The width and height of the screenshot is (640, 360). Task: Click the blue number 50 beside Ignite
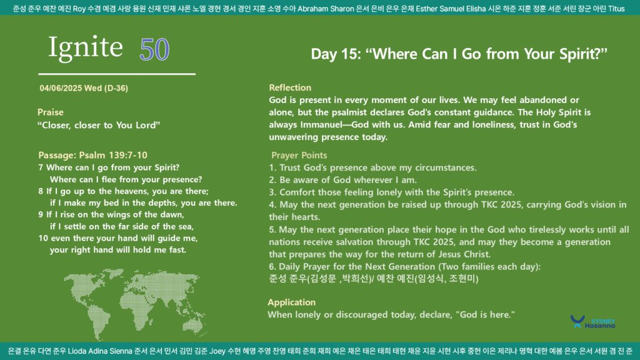tap(154, 49)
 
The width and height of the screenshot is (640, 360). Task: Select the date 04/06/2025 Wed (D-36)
tap(84, 88)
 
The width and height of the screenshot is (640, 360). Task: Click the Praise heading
tap(51, 112)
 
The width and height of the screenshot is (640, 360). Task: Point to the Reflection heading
tap(290, 87)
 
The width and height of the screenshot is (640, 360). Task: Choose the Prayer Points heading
tap(299, 156)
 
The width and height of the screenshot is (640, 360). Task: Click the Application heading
tap(291, 302)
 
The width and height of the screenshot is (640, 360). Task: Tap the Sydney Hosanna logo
tap(592, 322)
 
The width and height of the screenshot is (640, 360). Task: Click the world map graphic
tap(135, 304)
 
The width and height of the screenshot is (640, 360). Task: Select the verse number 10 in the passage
tap(43, 238)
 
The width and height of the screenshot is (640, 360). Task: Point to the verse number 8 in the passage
tap(41, 191)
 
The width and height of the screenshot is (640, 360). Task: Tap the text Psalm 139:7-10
tap(113, 155)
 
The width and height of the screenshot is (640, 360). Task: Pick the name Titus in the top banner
tap(616, 9)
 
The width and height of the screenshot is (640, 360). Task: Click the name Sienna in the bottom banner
tap(121, 351)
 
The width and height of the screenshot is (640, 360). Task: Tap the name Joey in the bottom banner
tap(217, 351)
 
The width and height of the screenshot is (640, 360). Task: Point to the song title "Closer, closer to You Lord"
tap(99, 125)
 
